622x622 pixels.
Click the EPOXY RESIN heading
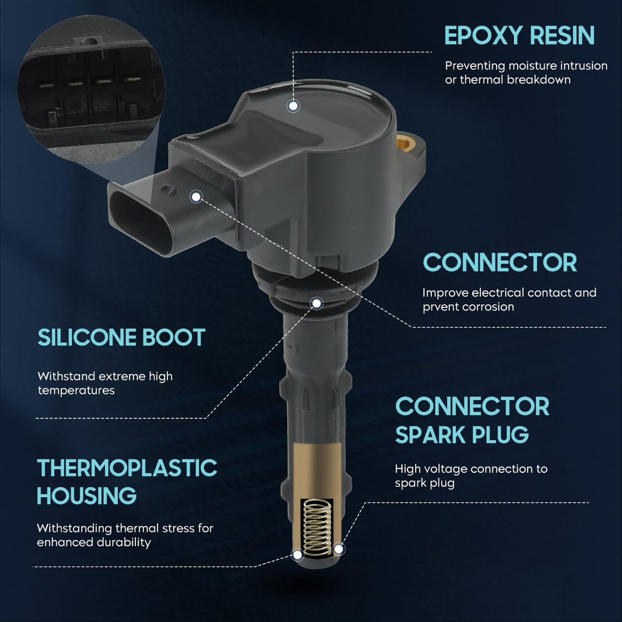click(519, 35)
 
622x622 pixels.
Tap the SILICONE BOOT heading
click(121, 337)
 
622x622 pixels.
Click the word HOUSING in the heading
click(87, 496)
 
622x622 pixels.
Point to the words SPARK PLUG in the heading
click(462, 435)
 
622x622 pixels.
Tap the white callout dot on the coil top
click(293, 106)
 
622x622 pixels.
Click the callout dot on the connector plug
click(195, 196)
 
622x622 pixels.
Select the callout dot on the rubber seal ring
click(317, 303)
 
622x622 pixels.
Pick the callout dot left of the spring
click(298, 555)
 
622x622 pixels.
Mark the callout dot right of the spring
click(338, 548)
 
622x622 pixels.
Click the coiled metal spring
click(318, 528)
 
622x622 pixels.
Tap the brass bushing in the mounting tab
click(405, 142)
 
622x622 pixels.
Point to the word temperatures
click(76, 390)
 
